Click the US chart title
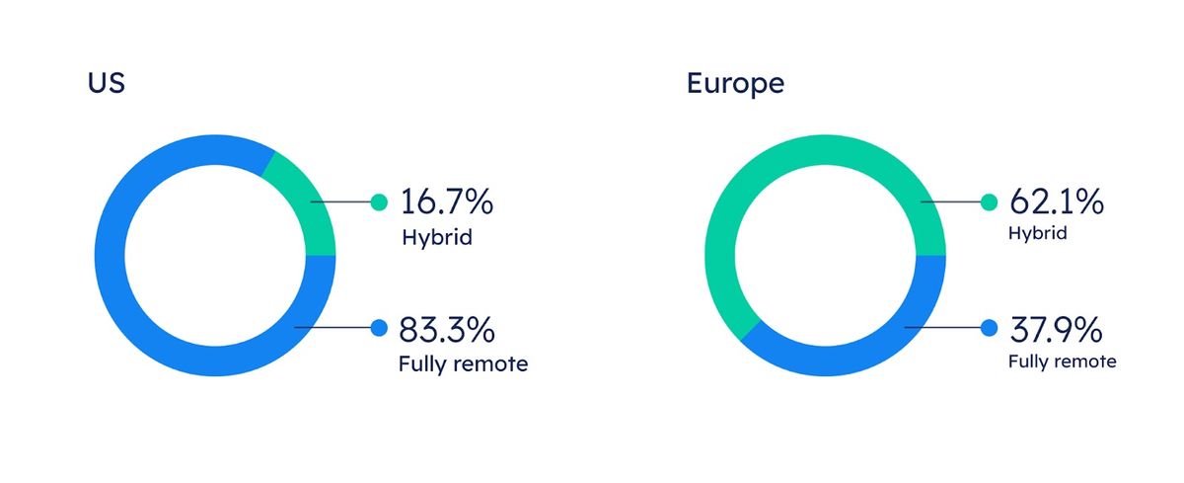[x=107, y=83]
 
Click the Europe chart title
[x=735, y=84]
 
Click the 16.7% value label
[x=447, y=201]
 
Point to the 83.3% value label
[x=447, y=329]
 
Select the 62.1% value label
[x=1057, y=201]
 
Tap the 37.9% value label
[x=1056, y=329]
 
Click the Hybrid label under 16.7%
[x=437, y=237]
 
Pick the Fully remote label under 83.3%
[x=463, y=364]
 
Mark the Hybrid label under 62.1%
[x=1038, y=234]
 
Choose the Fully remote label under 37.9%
[x=1063, y=362]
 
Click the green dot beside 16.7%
[x=379, y=202]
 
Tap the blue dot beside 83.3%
[x=379, y=328]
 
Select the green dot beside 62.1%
[x=989, y=202]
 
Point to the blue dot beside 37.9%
[x=989, y=328]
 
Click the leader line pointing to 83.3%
[x=333, y=328]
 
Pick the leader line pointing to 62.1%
[x=950, y=201]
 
